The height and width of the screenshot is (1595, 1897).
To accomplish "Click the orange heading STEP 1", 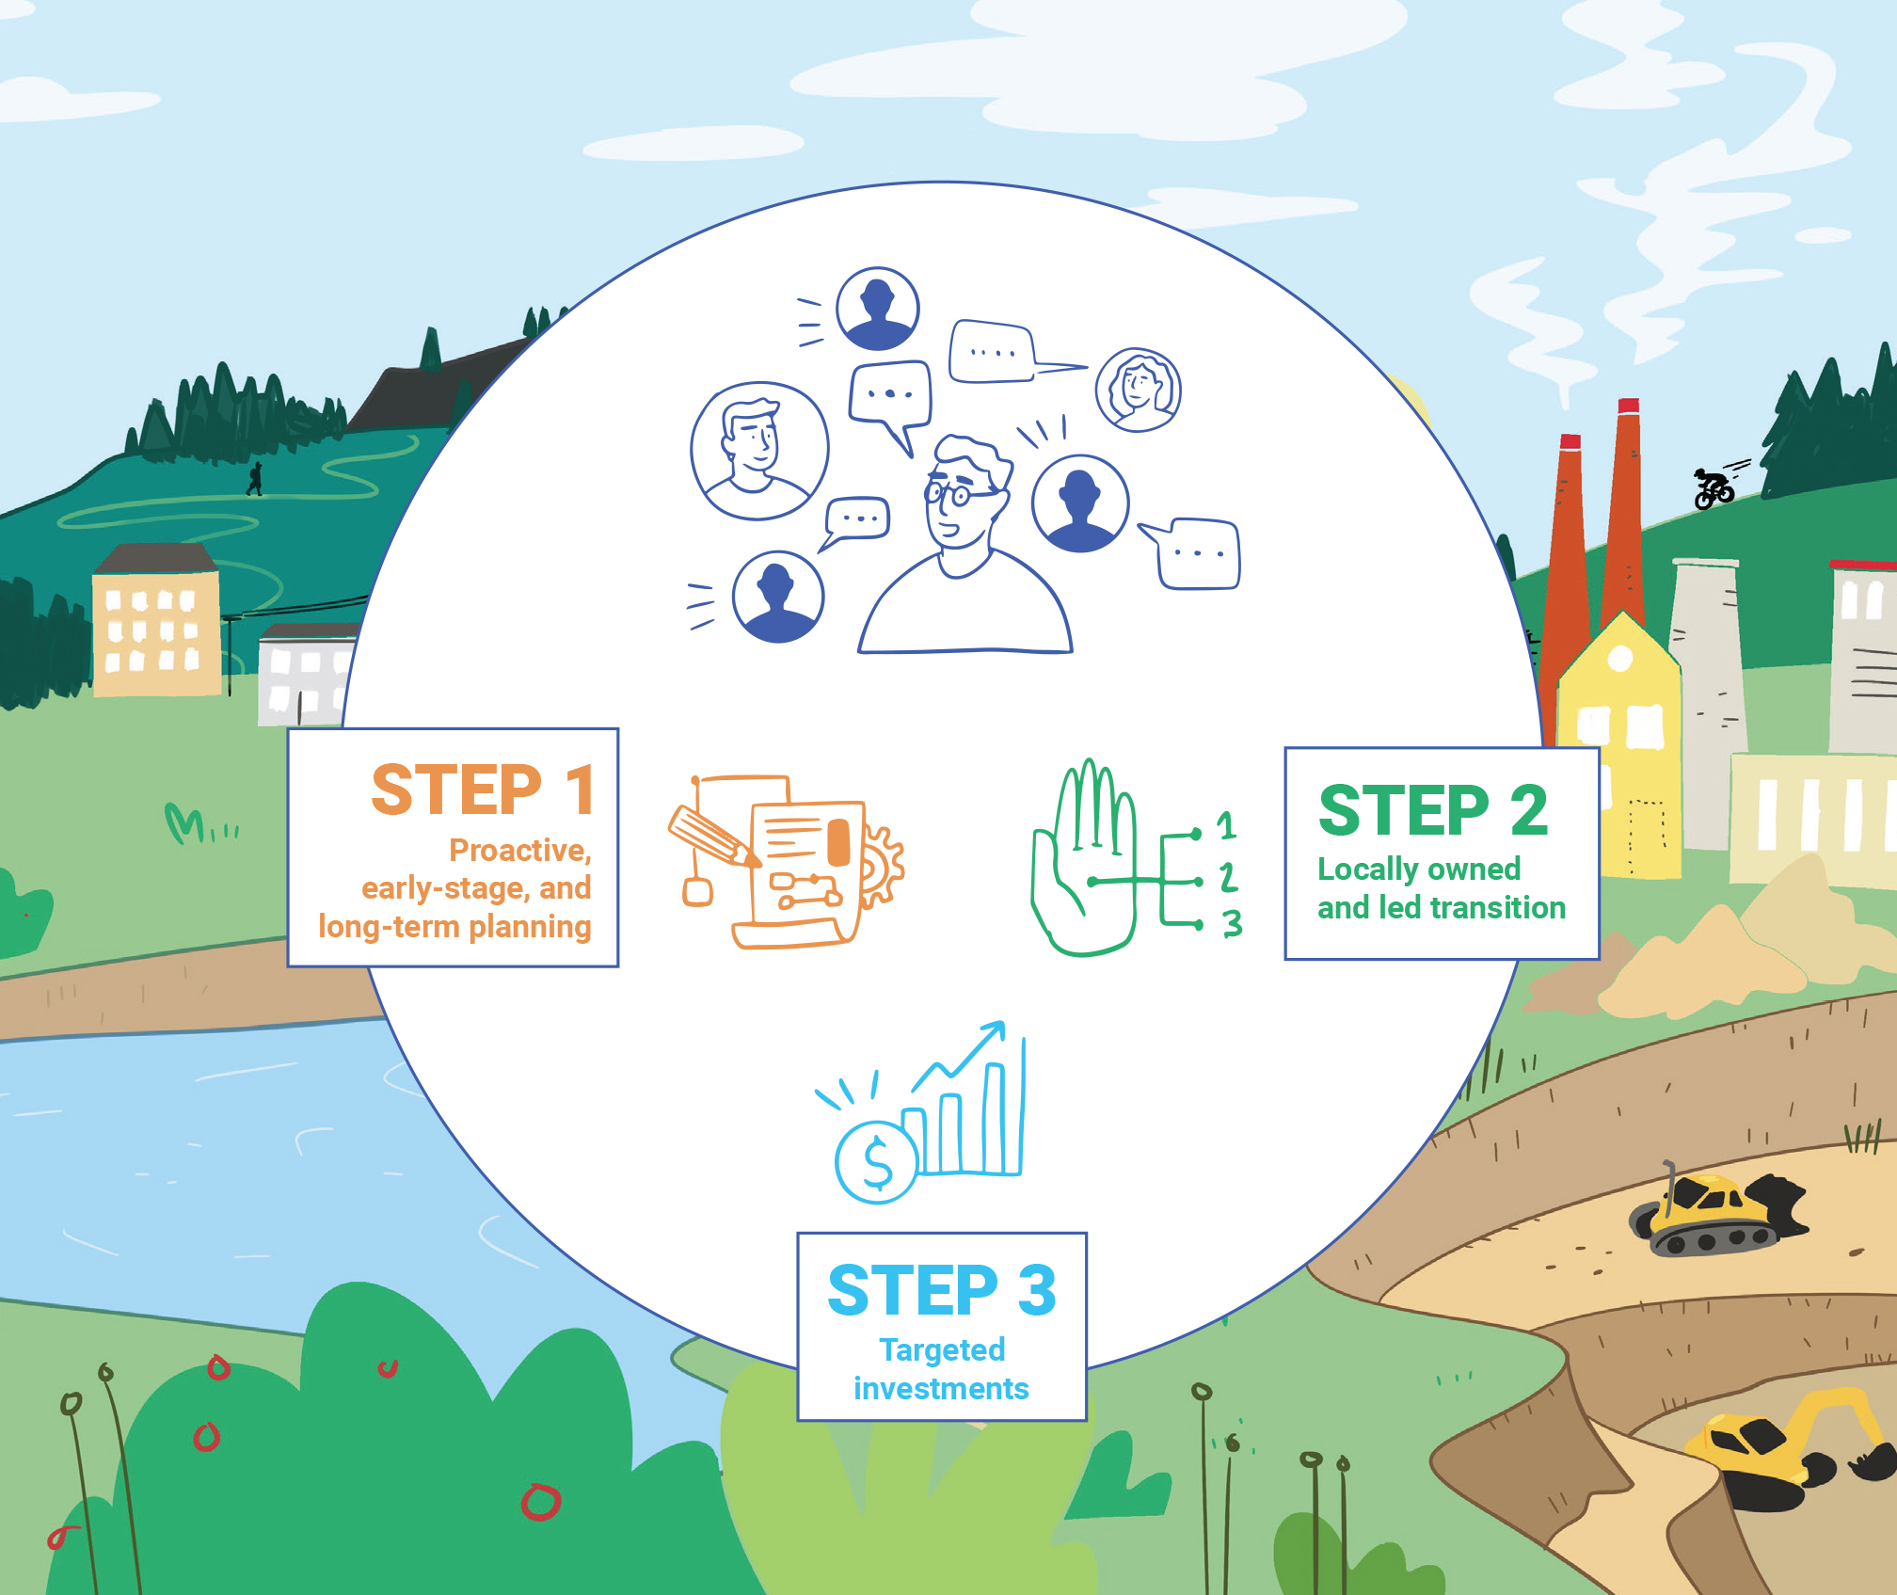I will [483, 790].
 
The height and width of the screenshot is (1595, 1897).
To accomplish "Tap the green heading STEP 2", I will [1432, 810].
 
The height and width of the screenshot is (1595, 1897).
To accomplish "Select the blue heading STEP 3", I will [941, 1290].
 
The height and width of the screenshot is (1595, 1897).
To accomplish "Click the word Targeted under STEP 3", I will [942, 1350].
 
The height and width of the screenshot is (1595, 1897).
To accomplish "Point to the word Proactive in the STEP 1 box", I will [519, 851].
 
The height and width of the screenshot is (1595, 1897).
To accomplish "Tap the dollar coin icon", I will [876, 1163].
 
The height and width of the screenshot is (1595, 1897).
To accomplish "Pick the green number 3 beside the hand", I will [1232, 923].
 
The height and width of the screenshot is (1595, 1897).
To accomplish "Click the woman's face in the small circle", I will [1139, 388].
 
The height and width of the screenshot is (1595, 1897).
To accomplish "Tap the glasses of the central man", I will [950, 493].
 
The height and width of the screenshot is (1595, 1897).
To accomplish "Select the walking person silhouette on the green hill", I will [254, 479].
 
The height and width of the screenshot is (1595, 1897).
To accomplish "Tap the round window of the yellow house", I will [1619, 658].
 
